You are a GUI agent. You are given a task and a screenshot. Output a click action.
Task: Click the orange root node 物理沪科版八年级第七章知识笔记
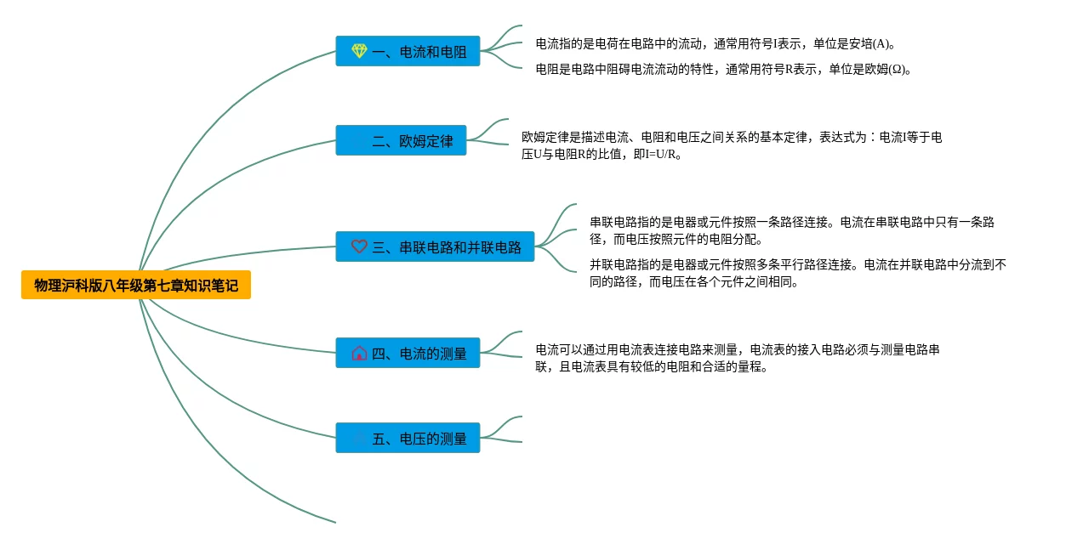(x=136, y=286)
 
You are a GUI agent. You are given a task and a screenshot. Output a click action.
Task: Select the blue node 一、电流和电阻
(x=408, y=51)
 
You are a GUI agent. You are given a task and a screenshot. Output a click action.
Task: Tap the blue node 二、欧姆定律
(x=401, y=141)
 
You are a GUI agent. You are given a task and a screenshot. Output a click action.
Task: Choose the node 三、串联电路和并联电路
(x=435, y=246)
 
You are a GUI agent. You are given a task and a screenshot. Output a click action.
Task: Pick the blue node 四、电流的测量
(x=408, y=353)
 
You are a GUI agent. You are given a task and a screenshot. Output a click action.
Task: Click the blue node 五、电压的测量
(x=408, y=438)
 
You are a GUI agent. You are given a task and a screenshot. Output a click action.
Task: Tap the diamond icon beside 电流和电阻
(x=359, y=51)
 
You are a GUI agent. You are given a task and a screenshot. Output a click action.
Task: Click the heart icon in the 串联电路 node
(x=359, y=246)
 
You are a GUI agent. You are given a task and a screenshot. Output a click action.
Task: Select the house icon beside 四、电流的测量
(x=359, y=353)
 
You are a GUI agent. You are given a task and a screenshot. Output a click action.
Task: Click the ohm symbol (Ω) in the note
(x=898, y=70)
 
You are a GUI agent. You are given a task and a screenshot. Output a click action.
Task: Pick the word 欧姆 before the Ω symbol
(x=874, y=70)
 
